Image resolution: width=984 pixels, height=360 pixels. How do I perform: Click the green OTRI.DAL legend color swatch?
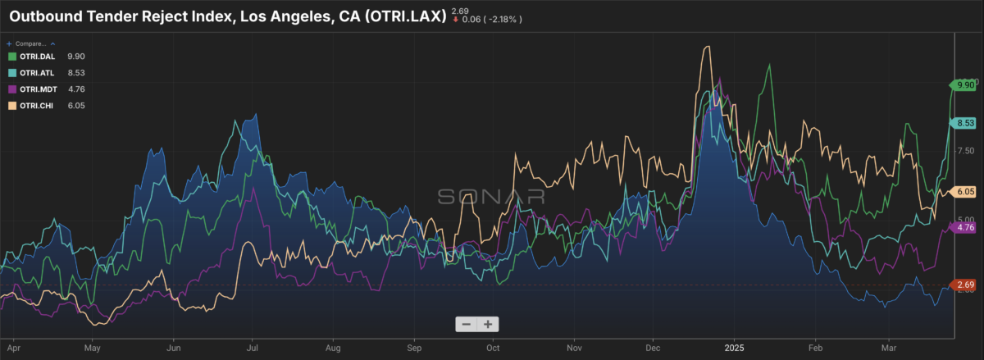point(11,57)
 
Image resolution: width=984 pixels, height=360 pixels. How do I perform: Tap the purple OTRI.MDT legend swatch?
point(11,89)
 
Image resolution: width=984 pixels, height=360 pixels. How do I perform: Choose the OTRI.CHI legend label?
point(36,106)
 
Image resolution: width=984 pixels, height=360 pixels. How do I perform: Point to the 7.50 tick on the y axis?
point(964,150)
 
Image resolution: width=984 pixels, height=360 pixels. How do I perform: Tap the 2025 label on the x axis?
point(734,347)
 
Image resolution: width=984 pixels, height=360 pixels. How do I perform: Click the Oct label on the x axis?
point(493,347)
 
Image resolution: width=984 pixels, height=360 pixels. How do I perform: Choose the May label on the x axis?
point(93,347)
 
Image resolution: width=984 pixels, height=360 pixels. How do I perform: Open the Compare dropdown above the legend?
point(31,43)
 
